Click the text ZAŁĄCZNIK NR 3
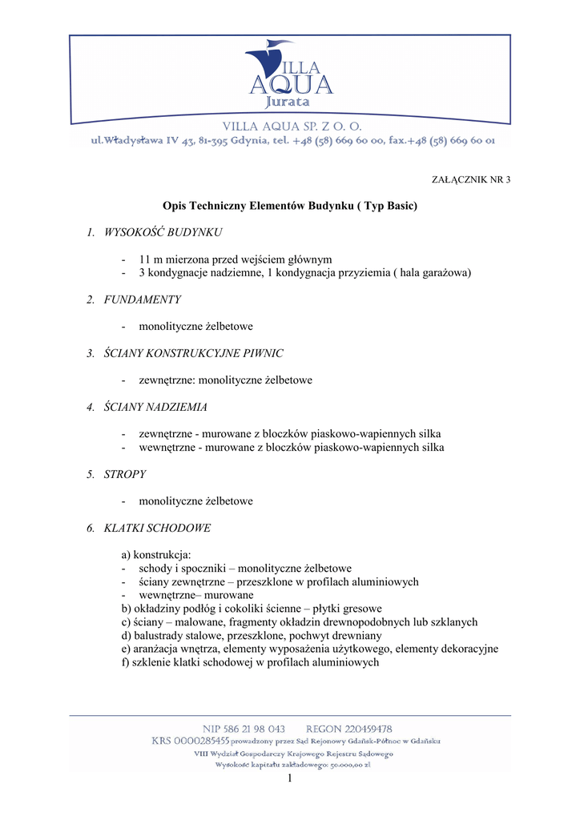(x=470, y=179)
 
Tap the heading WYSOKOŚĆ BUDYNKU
(x=163, y=233)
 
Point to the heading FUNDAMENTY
(x=143, y=299)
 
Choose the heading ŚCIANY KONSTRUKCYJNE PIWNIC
(x=193, y=353)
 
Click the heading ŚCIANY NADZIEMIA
(x=155, y=407)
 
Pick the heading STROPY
(x=125, y=474)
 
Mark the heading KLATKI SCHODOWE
(x=157, y=528)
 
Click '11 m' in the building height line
(x=151, y=259)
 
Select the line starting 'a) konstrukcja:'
(x=156, y=555)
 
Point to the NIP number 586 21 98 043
(x=244, y=729)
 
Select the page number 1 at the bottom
(x=290, y=779)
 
